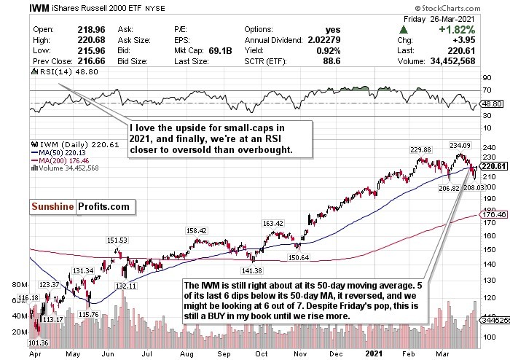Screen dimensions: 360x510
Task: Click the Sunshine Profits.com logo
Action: point(80,207)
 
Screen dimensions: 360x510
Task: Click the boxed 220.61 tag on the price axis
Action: point(495,166)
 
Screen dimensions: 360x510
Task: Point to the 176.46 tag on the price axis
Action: point(495,215)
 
